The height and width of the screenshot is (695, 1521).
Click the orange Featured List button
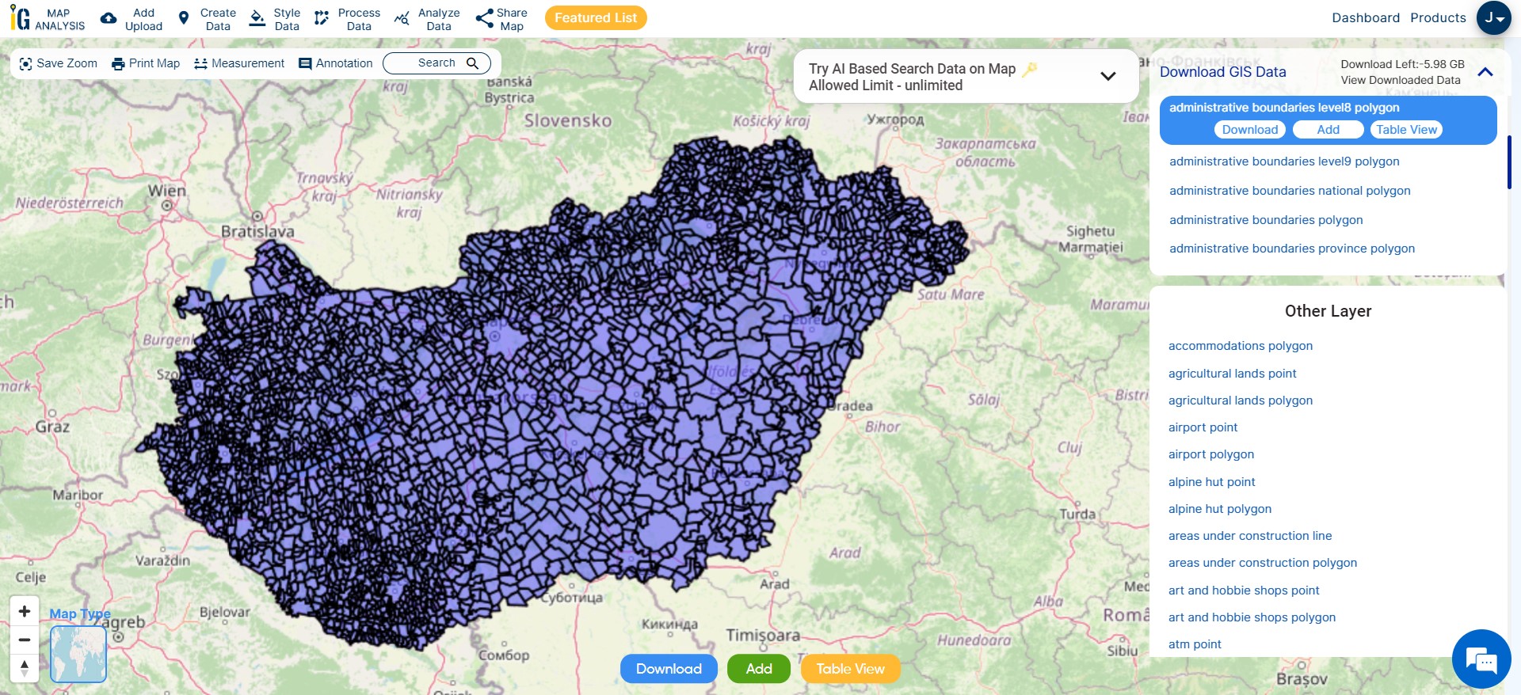(x=596, y=17)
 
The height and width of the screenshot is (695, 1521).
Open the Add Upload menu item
(x=132, y=19)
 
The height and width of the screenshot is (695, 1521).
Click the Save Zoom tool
(x=58, y=63)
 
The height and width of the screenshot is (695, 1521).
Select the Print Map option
(x=146, y=63)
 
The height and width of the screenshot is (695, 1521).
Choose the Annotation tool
(x=335, y=63)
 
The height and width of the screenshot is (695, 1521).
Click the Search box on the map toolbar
(x=436, y=63)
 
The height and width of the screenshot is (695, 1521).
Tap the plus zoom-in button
(x=25, y=611)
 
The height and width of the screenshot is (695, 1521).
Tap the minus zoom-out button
(x=25, y=640)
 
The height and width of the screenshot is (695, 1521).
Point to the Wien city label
(x=166, y=191)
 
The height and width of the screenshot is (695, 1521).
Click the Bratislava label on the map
(x=257, y=231)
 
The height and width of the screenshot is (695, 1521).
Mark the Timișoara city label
(x=763, y=635)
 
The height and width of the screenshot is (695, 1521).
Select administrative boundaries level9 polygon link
(x=1284, y=161)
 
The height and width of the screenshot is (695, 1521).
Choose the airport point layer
(x=1203, y=427)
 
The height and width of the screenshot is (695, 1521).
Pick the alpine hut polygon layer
(x=1219, y=509)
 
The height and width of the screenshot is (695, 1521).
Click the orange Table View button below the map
(x=850, y=669)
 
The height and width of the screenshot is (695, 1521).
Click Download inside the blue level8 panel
(x=1249, y=130)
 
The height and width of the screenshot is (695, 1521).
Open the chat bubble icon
(x=1481, y=659)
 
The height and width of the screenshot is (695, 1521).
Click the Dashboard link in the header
(x=1365, y=17)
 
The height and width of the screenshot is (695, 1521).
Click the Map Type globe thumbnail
(x=78, y=654)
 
